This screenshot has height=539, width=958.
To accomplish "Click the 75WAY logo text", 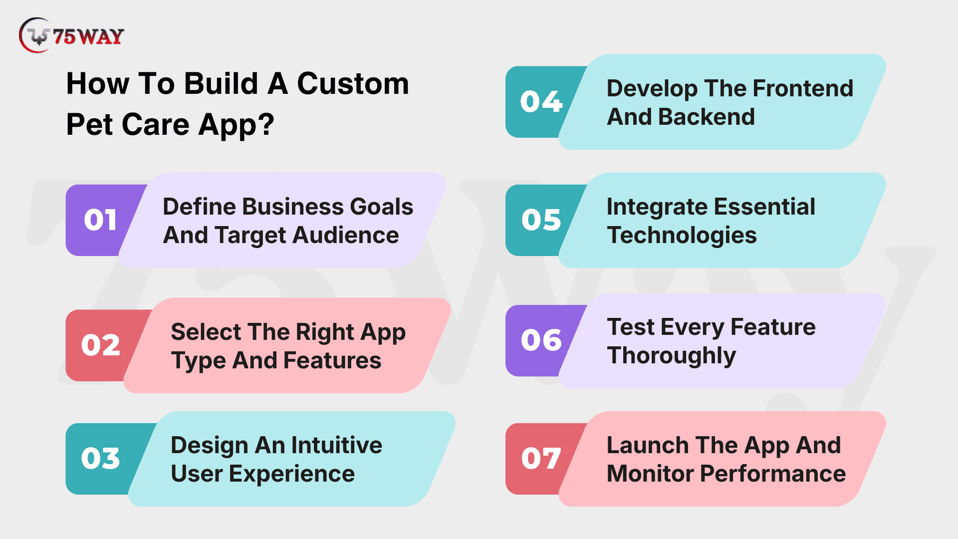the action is tap(88, 36).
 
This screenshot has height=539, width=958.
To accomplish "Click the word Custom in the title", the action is tap(353, 83).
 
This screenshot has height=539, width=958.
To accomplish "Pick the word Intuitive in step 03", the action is tap(337, 445).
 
